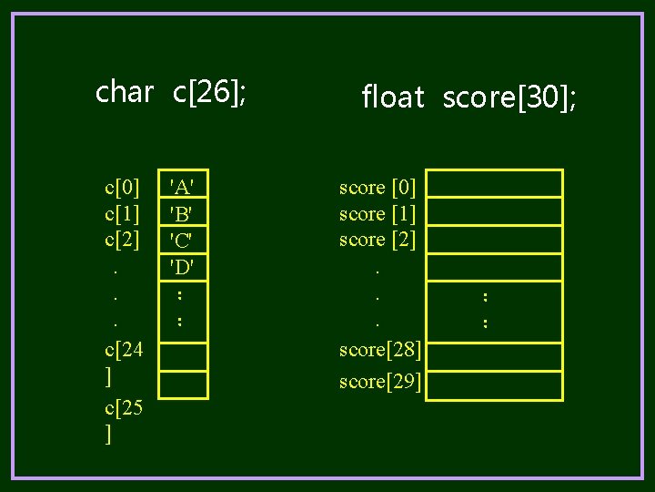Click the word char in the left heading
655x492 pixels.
(x=124, y=92)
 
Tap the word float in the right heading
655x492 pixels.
(x=393, y=97)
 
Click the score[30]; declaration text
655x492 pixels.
(x=509, y=97)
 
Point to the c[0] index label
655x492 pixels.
(x=123, y=189)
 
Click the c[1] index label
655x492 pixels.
(x=123, y=214)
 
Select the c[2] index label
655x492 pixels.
(x=123, y=240)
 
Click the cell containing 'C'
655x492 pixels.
(x=183, y=240)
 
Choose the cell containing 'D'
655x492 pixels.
(x=183, y=267)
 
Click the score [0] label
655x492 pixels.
(x=378, y=188)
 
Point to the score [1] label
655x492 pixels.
(x=378, y=214)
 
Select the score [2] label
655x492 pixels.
(x=378, y=240)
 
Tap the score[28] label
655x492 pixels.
(x=379, y=350)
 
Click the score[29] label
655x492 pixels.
(x=379, y=382)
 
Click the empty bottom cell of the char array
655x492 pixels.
(x=183, y=384)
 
